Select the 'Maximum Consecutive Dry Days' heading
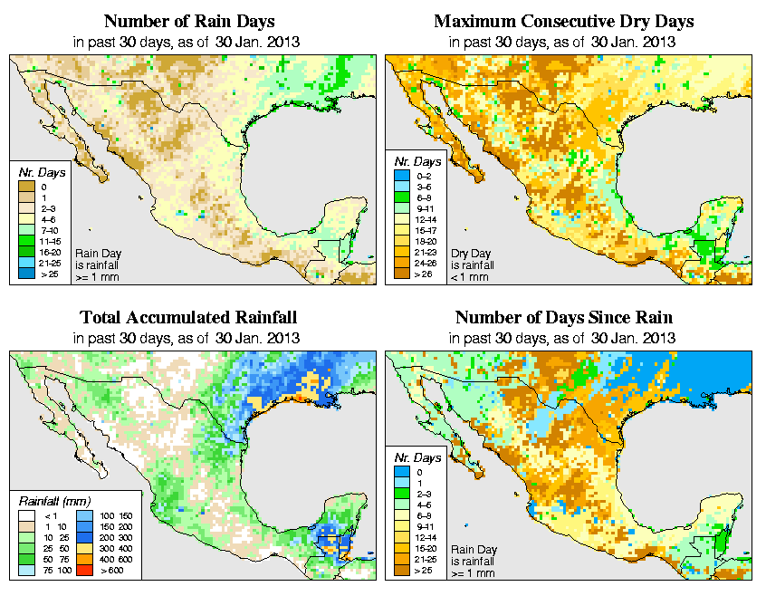564,21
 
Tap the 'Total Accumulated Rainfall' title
187,318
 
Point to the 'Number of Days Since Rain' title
564,318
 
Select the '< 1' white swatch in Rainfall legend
27,515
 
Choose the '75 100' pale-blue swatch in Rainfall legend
27,571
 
